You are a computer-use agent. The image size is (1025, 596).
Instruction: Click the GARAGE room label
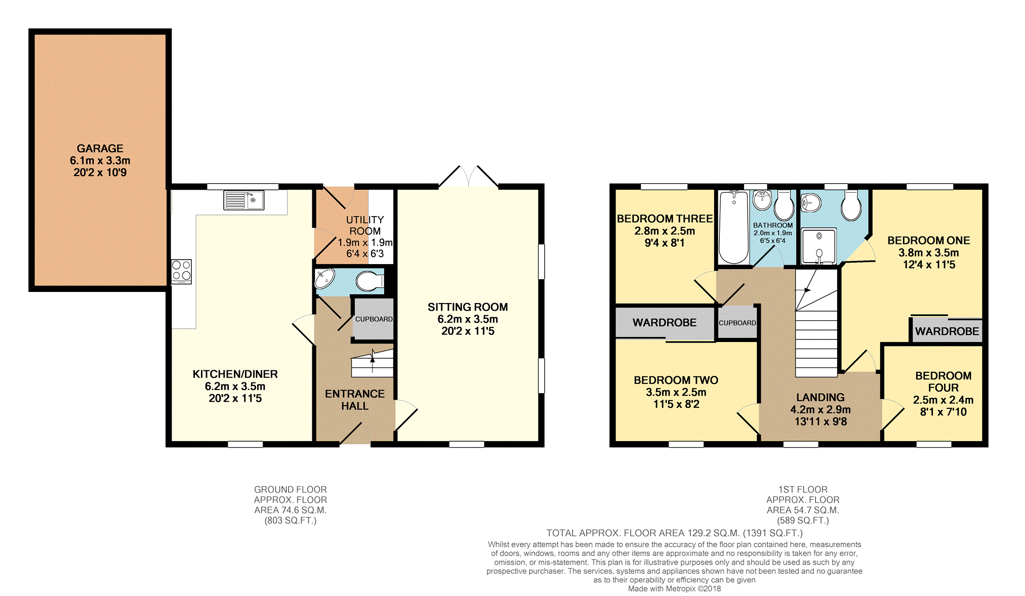[100, 148]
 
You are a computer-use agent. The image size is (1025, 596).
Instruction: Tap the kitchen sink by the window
[243, 200]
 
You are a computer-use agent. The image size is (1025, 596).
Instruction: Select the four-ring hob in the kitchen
[181, 271]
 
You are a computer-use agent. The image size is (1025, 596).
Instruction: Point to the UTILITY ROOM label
[365, 225]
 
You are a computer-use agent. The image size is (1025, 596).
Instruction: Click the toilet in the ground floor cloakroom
[370, 281]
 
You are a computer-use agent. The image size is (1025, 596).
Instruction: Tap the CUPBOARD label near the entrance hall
[374, 319]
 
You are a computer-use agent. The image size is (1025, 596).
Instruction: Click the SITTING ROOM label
[468, 307]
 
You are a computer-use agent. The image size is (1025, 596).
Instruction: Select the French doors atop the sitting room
[469, 177]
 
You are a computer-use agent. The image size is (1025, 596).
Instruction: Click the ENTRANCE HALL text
[355, 400]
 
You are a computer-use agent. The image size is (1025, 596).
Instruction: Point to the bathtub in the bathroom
[733, 227]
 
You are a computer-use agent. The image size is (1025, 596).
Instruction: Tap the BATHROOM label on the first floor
[773, 225]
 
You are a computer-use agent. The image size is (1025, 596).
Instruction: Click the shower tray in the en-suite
[818, 246]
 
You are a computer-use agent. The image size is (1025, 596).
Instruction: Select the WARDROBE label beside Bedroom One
[947, 331]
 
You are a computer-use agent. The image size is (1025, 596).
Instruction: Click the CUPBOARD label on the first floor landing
[737, 323]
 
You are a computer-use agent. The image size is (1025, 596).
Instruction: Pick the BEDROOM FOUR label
[944, 381]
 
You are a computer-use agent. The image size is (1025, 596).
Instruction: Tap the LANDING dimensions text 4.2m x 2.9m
[821, 409]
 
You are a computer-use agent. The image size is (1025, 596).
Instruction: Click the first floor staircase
[816, 323]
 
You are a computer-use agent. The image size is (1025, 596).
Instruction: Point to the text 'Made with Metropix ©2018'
[674, 589]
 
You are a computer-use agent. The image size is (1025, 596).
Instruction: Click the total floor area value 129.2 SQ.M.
[714, 533]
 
